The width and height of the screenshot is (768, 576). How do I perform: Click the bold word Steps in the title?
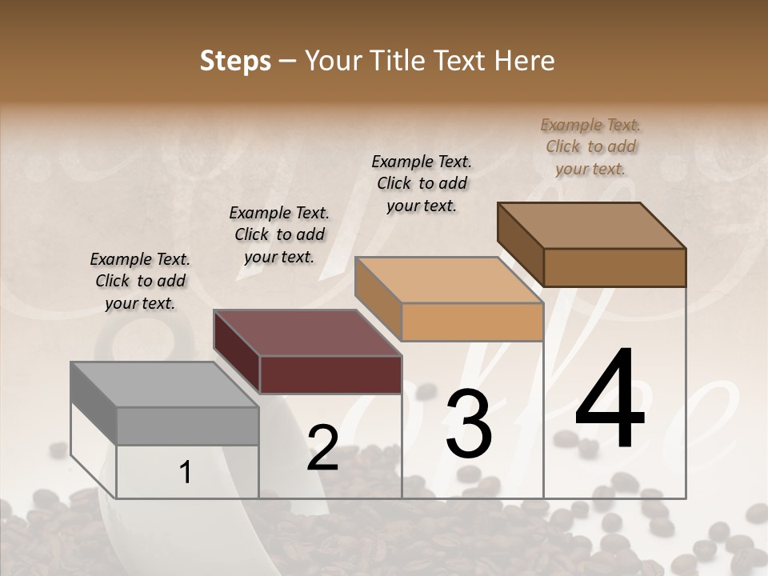[x=235, y=61]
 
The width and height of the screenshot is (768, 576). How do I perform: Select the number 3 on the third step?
[x=469, y=424]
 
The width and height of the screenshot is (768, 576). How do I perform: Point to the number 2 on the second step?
[x=322, y=448]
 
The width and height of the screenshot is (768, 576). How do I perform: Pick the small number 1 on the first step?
[x=186, y=473]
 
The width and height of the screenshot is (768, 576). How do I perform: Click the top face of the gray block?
[x=164, y=385]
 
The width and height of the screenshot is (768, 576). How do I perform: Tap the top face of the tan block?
[x=448, y=280]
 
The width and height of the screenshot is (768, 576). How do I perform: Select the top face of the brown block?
[x=591, y=226]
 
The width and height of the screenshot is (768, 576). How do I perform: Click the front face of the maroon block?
[x=330, y=375]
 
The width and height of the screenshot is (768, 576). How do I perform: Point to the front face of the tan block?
[x=472, y=322]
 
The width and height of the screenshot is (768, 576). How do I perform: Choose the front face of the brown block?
[x=614, y=267]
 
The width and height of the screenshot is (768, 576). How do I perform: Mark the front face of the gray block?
[x=188, y=426]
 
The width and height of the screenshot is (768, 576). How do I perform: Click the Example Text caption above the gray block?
[x=140, y=282]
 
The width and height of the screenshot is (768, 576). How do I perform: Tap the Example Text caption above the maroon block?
[x=279, y=235]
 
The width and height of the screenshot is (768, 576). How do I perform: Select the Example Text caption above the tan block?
[x=422, y=183]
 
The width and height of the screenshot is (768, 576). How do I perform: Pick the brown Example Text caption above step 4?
[x=590, y=146]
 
